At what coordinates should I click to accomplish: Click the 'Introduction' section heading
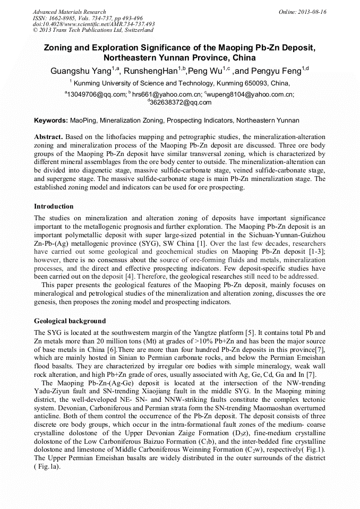tap(54, 206)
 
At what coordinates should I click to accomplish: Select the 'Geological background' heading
tap(70, 321)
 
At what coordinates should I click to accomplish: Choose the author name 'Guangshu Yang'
tap(81, 71)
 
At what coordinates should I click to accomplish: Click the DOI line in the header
tap(93, 24)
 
